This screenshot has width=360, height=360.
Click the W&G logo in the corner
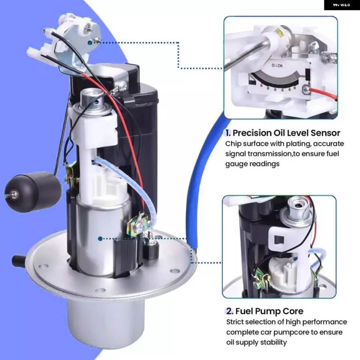click(342, 5)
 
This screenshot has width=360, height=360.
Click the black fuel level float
click(33, 193)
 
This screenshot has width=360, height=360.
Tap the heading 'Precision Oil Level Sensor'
click(286, 133)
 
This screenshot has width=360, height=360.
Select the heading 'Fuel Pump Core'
click(269, 311)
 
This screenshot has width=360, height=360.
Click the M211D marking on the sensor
click(278, 66)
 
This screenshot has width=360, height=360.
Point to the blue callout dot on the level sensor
click(90, 43)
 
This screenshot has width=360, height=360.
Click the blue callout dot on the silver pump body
click(100, 239)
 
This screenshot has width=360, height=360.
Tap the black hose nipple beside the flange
click(18, 260)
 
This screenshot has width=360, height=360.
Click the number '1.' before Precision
click(228, 133)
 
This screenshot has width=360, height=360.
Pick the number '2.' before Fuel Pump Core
click(230, 311)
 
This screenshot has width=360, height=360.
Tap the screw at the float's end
click(14, 194)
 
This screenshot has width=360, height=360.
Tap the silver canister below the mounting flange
click(106, 320)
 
